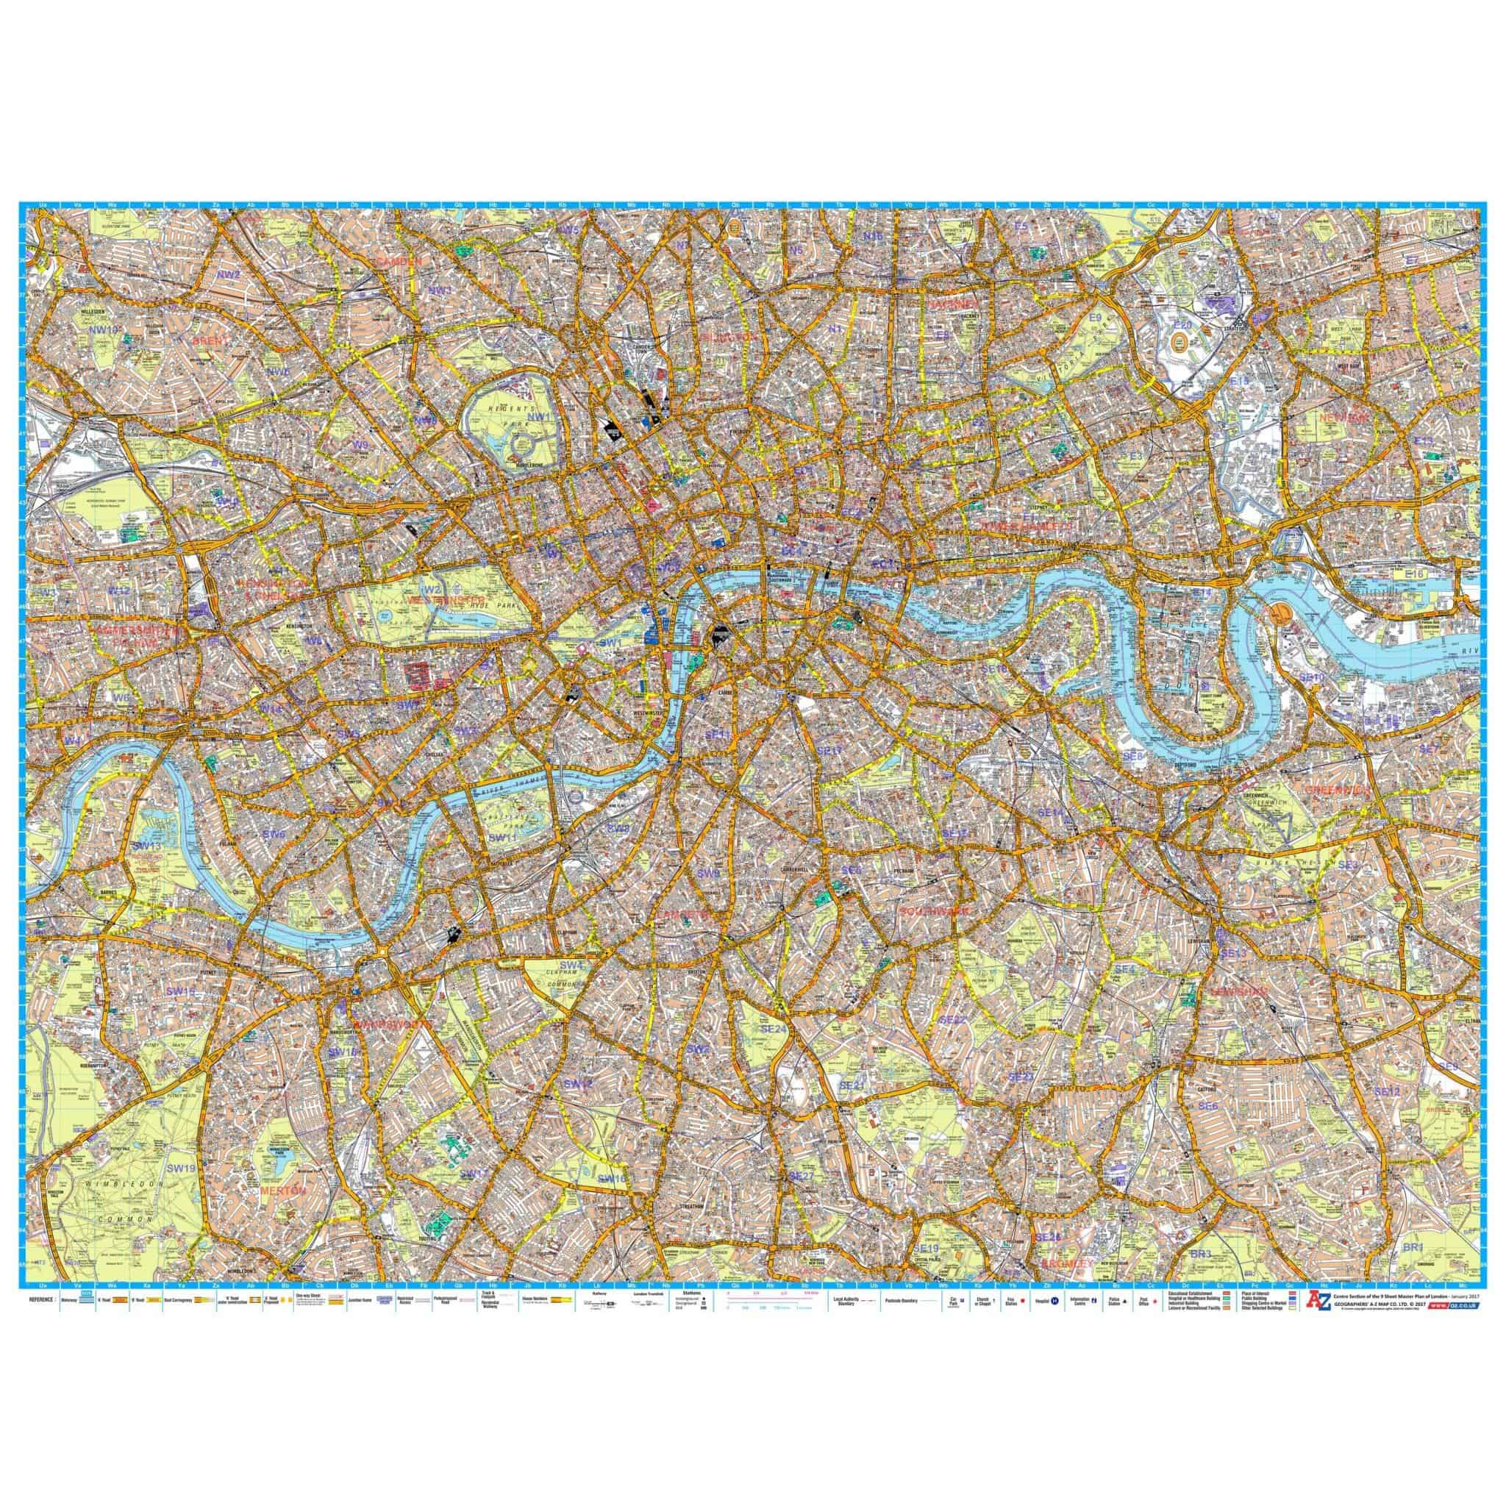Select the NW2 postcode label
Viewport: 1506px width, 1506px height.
click(229, 274)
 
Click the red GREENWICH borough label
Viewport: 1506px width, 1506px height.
click(1338, 790)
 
